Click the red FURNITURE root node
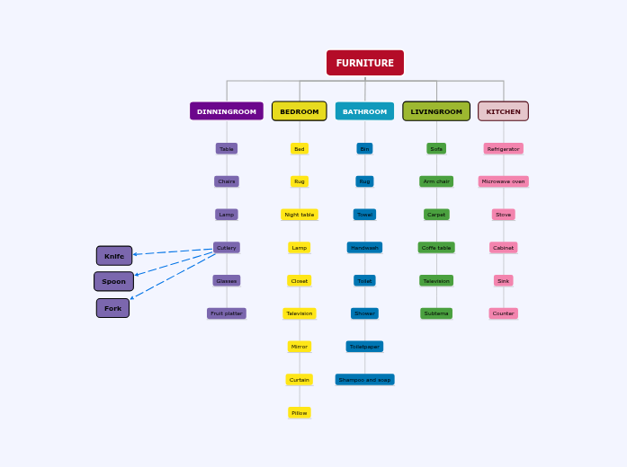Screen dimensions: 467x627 (x=365, y=63)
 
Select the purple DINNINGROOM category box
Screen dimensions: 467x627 (x=227, y=111)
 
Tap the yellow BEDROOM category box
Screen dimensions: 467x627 (x=300, y=111)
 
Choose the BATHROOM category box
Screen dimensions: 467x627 (x=364, y=111)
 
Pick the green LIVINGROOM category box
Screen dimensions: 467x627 (x=436, y=111)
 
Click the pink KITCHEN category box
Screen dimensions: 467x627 (x=503, y=111)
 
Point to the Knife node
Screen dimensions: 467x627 (x=114, y=256)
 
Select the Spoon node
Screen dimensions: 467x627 (x=114, y=281)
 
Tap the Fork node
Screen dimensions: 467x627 (x=112, y=308)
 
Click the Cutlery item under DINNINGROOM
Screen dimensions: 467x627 (x=227, y=248)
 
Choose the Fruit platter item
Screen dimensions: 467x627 (x=227, y=313)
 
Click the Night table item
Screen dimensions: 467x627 (x=300, y=215)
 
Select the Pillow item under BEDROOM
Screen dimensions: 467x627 (x=300, y=413)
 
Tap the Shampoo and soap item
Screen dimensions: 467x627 (x=364, y=380)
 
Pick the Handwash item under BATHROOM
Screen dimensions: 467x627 (x=364, y=248)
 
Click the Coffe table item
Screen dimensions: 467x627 (x=436, y=248)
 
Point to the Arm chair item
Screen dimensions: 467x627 (x=436, y=181)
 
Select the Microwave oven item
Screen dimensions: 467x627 (x=503, y=181)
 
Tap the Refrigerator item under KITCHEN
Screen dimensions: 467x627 (x=503, y=149)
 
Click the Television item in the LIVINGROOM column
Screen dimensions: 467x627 (x=436, y=281)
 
